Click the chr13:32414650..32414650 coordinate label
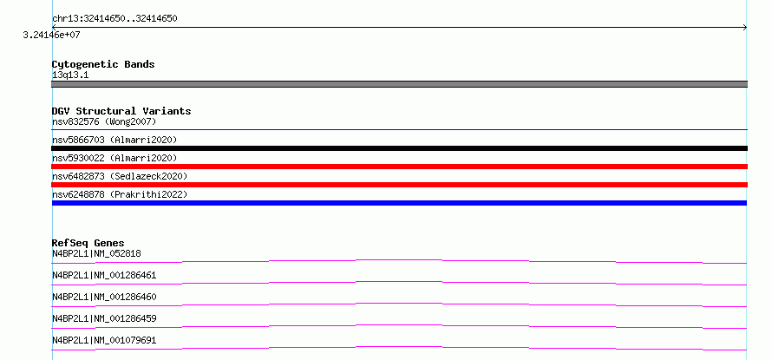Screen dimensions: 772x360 [114, 19]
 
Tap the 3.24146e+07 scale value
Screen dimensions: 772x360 [51, 35]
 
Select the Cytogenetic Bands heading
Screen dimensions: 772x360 [103, 64]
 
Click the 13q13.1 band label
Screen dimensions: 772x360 [70, 75]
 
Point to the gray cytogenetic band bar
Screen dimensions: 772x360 [399, 84]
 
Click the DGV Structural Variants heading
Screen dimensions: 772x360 [121, 111]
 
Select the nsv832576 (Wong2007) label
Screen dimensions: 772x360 [104, 121]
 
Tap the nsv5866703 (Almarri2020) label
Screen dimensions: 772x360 [114, 140]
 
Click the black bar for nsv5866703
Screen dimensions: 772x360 [399, 148]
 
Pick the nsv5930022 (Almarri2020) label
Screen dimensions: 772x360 [114, 158]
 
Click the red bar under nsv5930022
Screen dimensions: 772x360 [399, 167]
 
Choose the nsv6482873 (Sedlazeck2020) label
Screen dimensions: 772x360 [120, 176]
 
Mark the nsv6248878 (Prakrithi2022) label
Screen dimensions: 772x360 [120, 194]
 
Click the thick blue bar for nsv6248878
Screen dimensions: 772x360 [399, 203]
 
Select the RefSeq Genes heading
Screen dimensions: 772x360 [88, 243]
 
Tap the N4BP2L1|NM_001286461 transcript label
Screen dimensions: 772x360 [104, 275]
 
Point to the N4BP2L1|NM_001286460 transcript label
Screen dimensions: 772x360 [104, 297]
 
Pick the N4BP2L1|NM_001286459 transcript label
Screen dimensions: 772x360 [104, 318]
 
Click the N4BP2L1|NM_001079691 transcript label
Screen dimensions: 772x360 [104, 340]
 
